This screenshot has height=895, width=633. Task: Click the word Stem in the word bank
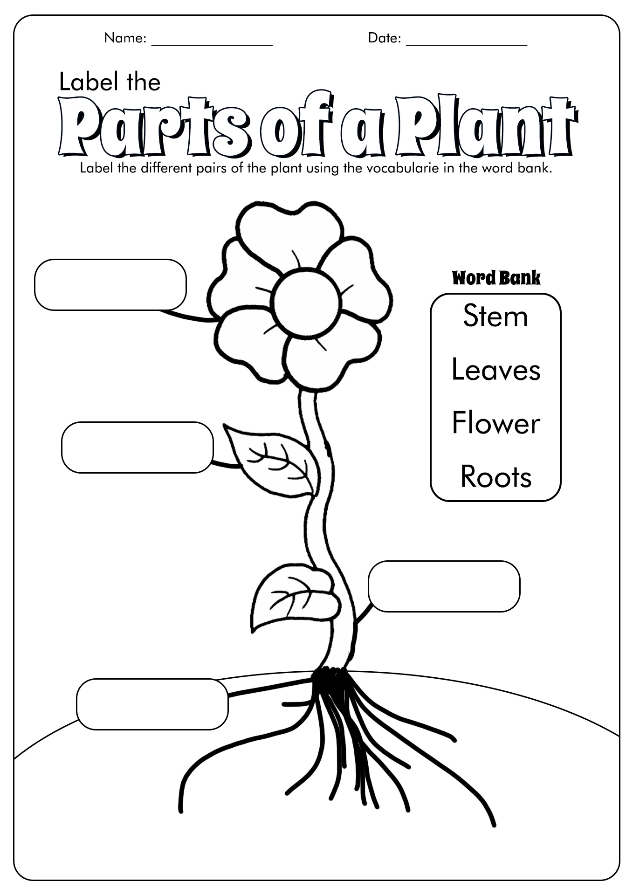click(x=495, y=316)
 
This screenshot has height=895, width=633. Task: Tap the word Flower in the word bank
click(x=496, y=423)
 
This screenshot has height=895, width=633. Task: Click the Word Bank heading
click(x=496, y=278)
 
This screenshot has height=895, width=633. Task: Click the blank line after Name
click(x=212, y=45)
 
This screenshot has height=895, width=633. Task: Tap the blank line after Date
click(x=467, y=45)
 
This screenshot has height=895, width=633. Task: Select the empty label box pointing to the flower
click(x=110, y=284)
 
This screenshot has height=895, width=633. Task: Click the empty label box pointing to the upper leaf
click(x=138, y=447)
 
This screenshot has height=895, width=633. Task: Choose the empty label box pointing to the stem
click(x=444, y=586)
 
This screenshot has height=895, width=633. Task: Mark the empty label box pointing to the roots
click(x=152, y=704)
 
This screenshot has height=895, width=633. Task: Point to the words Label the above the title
click(x=110, y=82)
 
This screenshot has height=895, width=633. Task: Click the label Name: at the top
click(x=125, y=38)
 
